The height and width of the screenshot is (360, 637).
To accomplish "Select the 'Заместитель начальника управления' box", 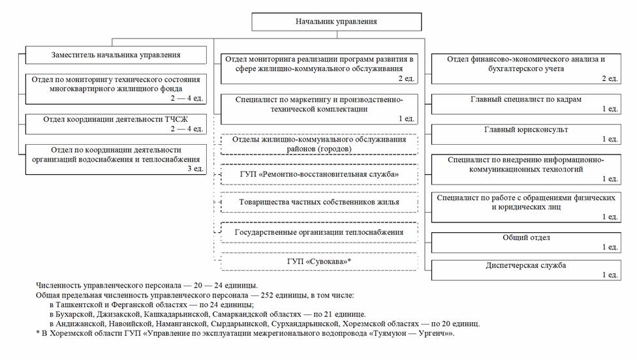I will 116,55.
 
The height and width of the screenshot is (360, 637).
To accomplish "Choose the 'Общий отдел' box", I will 526,241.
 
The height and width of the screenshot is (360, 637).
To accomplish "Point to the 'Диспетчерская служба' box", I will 526,269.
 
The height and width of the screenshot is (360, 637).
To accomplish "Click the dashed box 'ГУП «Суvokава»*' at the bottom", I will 319,262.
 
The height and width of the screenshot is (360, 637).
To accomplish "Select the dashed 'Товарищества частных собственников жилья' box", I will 319,203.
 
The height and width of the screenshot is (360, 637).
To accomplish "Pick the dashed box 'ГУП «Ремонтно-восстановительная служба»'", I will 319,175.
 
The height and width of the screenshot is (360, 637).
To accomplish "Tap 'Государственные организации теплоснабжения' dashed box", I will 319,232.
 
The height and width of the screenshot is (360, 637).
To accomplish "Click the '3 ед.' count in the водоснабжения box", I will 194,168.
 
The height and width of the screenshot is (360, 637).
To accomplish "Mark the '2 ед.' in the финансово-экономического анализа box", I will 609,78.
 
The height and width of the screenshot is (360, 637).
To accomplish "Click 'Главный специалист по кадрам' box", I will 526,104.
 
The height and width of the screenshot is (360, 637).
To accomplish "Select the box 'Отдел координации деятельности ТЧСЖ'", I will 116,124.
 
